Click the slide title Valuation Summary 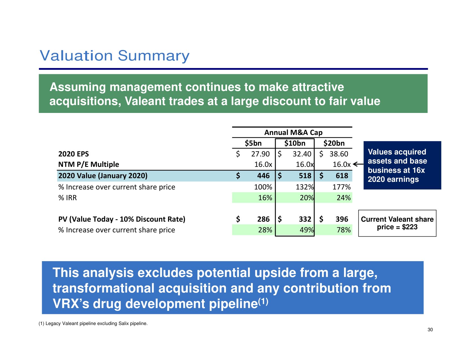(x=114, y=56)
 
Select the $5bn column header (x=253, y=143)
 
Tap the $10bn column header (x=295, y=143)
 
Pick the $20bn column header (x=334, y=143)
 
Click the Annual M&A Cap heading (x=293, y=132)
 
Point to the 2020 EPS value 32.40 (x=302, y=154)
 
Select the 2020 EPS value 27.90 (x=260, y=154)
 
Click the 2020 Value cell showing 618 (x=342, y=176)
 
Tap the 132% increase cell (x=304, y=187)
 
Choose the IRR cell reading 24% (x=343, y=198)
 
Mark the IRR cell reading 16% (x=265, y=198)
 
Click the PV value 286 (x=263, y=219)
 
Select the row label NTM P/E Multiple (x=88, y=164)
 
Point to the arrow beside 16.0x (x=358, y=164)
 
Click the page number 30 (x=430, y=330)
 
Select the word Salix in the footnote (x=124, y=324)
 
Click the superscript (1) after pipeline (x=263, y=302)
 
